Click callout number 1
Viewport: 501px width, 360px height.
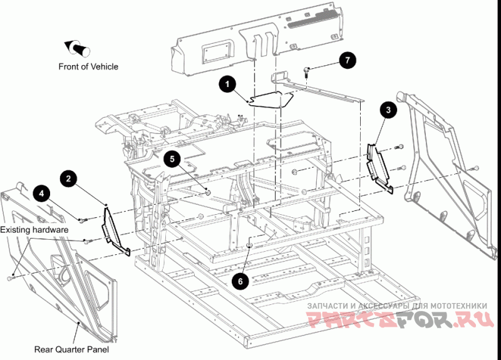(x=227, y=84)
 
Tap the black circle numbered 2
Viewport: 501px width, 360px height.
(x=69, y=178)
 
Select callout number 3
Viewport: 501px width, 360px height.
(x=388, y=110)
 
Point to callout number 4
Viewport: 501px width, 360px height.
(x=42, y=193)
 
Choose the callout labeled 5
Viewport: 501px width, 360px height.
(x=172, y=159)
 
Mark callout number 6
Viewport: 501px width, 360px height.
(x=240, y=281)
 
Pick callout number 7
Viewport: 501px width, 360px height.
(x=348, y=59)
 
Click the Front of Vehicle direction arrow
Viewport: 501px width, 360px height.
(x=77, y=48)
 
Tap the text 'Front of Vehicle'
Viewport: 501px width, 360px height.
(x=88, y=67)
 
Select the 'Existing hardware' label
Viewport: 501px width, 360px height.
(x=34, y=230)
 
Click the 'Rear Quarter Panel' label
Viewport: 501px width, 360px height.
(x=71, y=349)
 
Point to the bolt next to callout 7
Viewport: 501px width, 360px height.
(x=307, y=71)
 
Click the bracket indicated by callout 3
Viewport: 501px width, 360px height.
(x=380, y=168)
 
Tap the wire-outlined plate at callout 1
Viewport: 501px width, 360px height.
(x=271, y=100)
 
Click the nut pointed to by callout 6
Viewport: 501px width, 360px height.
(x=249, y=245)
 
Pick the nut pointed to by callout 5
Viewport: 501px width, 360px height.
(x=208, y=192)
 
